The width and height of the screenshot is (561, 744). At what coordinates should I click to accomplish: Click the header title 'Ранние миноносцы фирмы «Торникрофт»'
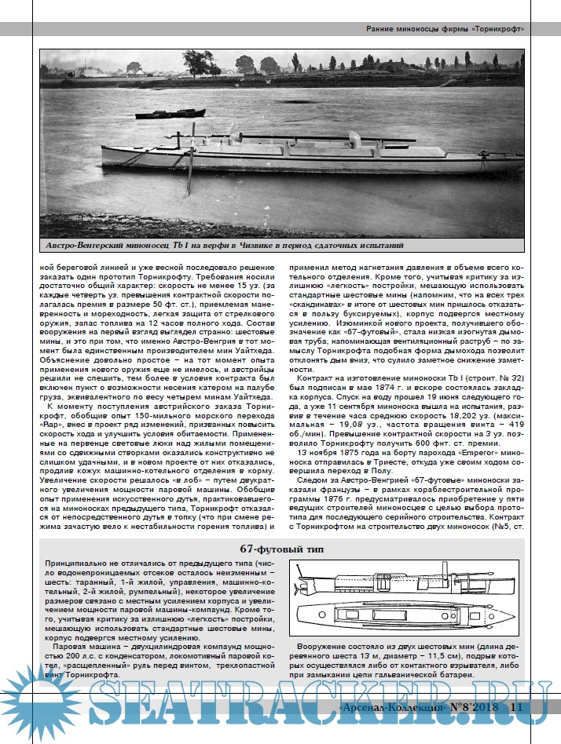coord(444,29)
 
